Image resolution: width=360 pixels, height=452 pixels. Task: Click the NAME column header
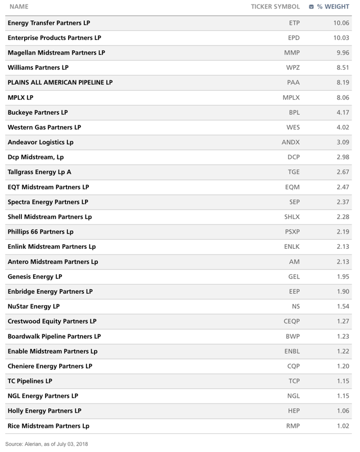click(x=19, y=7)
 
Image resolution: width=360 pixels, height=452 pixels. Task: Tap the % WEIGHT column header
click(x=334, y=7)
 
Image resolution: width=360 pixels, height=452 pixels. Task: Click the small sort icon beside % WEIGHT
click(x=312, y=7)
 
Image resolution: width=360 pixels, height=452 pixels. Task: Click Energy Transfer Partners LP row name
click(x=49, y=23)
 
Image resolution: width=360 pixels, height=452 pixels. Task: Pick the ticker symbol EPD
click(x=293, y=38)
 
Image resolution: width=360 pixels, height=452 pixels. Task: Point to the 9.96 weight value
click(x=341, y=53)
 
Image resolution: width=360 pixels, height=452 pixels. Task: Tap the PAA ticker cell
click(x=293, y=83)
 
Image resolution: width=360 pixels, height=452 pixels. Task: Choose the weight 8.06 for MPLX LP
click(x=341, y=97)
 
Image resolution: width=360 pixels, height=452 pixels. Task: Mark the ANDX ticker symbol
click(x=290, y=142)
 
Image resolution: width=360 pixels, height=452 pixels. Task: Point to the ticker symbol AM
click(x=294, y=262)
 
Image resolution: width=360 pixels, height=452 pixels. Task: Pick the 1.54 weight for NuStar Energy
click(x=341, y=306)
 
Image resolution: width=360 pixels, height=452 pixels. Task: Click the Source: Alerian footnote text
click(x=50, y=445)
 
